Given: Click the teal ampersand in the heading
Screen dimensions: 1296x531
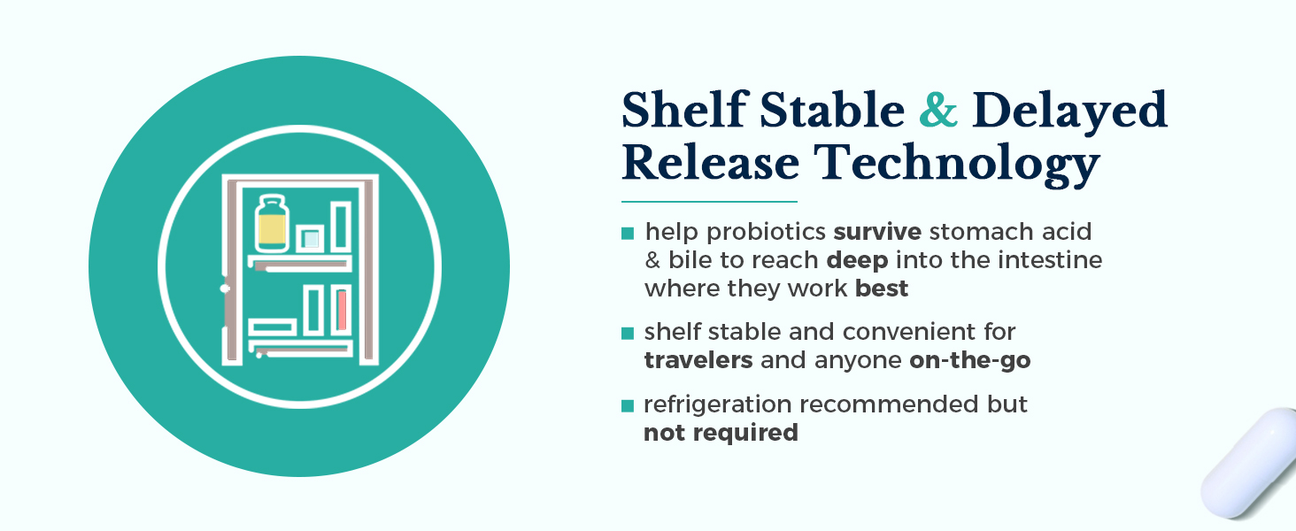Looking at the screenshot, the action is click(x=937, y=110).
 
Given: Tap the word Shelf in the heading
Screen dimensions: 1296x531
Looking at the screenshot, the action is click(x=685, y=109).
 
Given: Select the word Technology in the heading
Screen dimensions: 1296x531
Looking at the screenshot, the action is click(x=957, y=164).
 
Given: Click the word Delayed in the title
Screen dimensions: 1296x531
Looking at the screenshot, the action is click(x=1069, y=111).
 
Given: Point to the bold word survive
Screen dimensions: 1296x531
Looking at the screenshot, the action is click(x=877, y=232).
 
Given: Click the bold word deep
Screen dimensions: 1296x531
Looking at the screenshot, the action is click(x=857, y=261).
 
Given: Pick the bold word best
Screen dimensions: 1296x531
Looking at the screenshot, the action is click(x=882, y=288).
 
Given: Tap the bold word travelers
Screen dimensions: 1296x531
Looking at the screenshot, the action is click(x=698, y=360).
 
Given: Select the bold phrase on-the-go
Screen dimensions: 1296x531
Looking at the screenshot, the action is click(x=970, y=361).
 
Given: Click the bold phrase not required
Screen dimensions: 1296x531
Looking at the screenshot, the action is click(x=721, y=433).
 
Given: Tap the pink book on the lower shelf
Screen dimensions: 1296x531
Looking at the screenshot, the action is click(x=342, y=310).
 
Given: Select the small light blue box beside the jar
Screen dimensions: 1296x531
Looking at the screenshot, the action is click(x=311, y=238).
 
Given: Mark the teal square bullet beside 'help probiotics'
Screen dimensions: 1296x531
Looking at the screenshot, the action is click(x=628, y=233).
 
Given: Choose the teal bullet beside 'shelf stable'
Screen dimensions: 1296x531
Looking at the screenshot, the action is click(x=628, y=334).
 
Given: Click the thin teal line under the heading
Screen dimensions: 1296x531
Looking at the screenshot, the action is click(x=709, y=201).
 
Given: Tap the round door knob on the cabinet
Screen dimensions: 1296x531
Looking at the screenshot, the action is click(x=225, y=288).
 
